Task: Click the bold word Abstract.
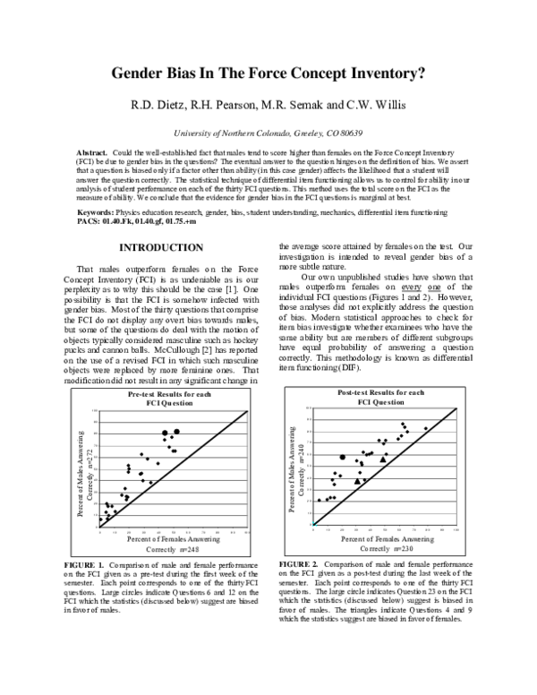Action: click(91, 153)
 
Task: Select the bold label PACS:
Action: click(90, 219)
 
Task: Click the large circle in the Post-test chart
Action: click(343, 458)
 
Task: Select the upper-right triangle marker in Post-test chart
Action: click(385, 457)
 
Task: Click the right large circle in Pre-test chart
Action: click(176, 432)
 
